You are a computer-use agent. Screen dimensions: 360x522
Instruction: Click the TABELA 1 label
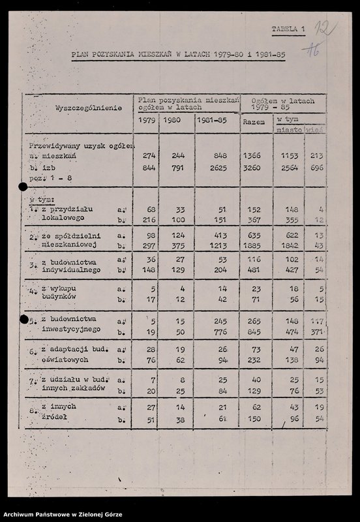click(x=288, y=29)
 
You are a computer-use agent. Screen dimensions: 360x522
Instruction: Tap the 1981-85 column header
click(x=217, y=121)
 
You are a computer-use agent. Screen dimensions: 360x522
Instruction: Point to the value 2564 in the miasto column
click(x=288, y=168)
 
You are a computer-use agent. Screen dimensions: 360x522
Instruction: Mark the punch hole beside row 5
click(x=23, y=320)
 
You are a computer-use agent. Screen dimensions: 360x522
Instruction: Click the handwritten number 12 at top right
click(x=323, y=29)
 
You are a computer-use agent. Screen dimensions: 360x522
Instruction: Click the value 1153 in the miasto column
click(x=288, y=157)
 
